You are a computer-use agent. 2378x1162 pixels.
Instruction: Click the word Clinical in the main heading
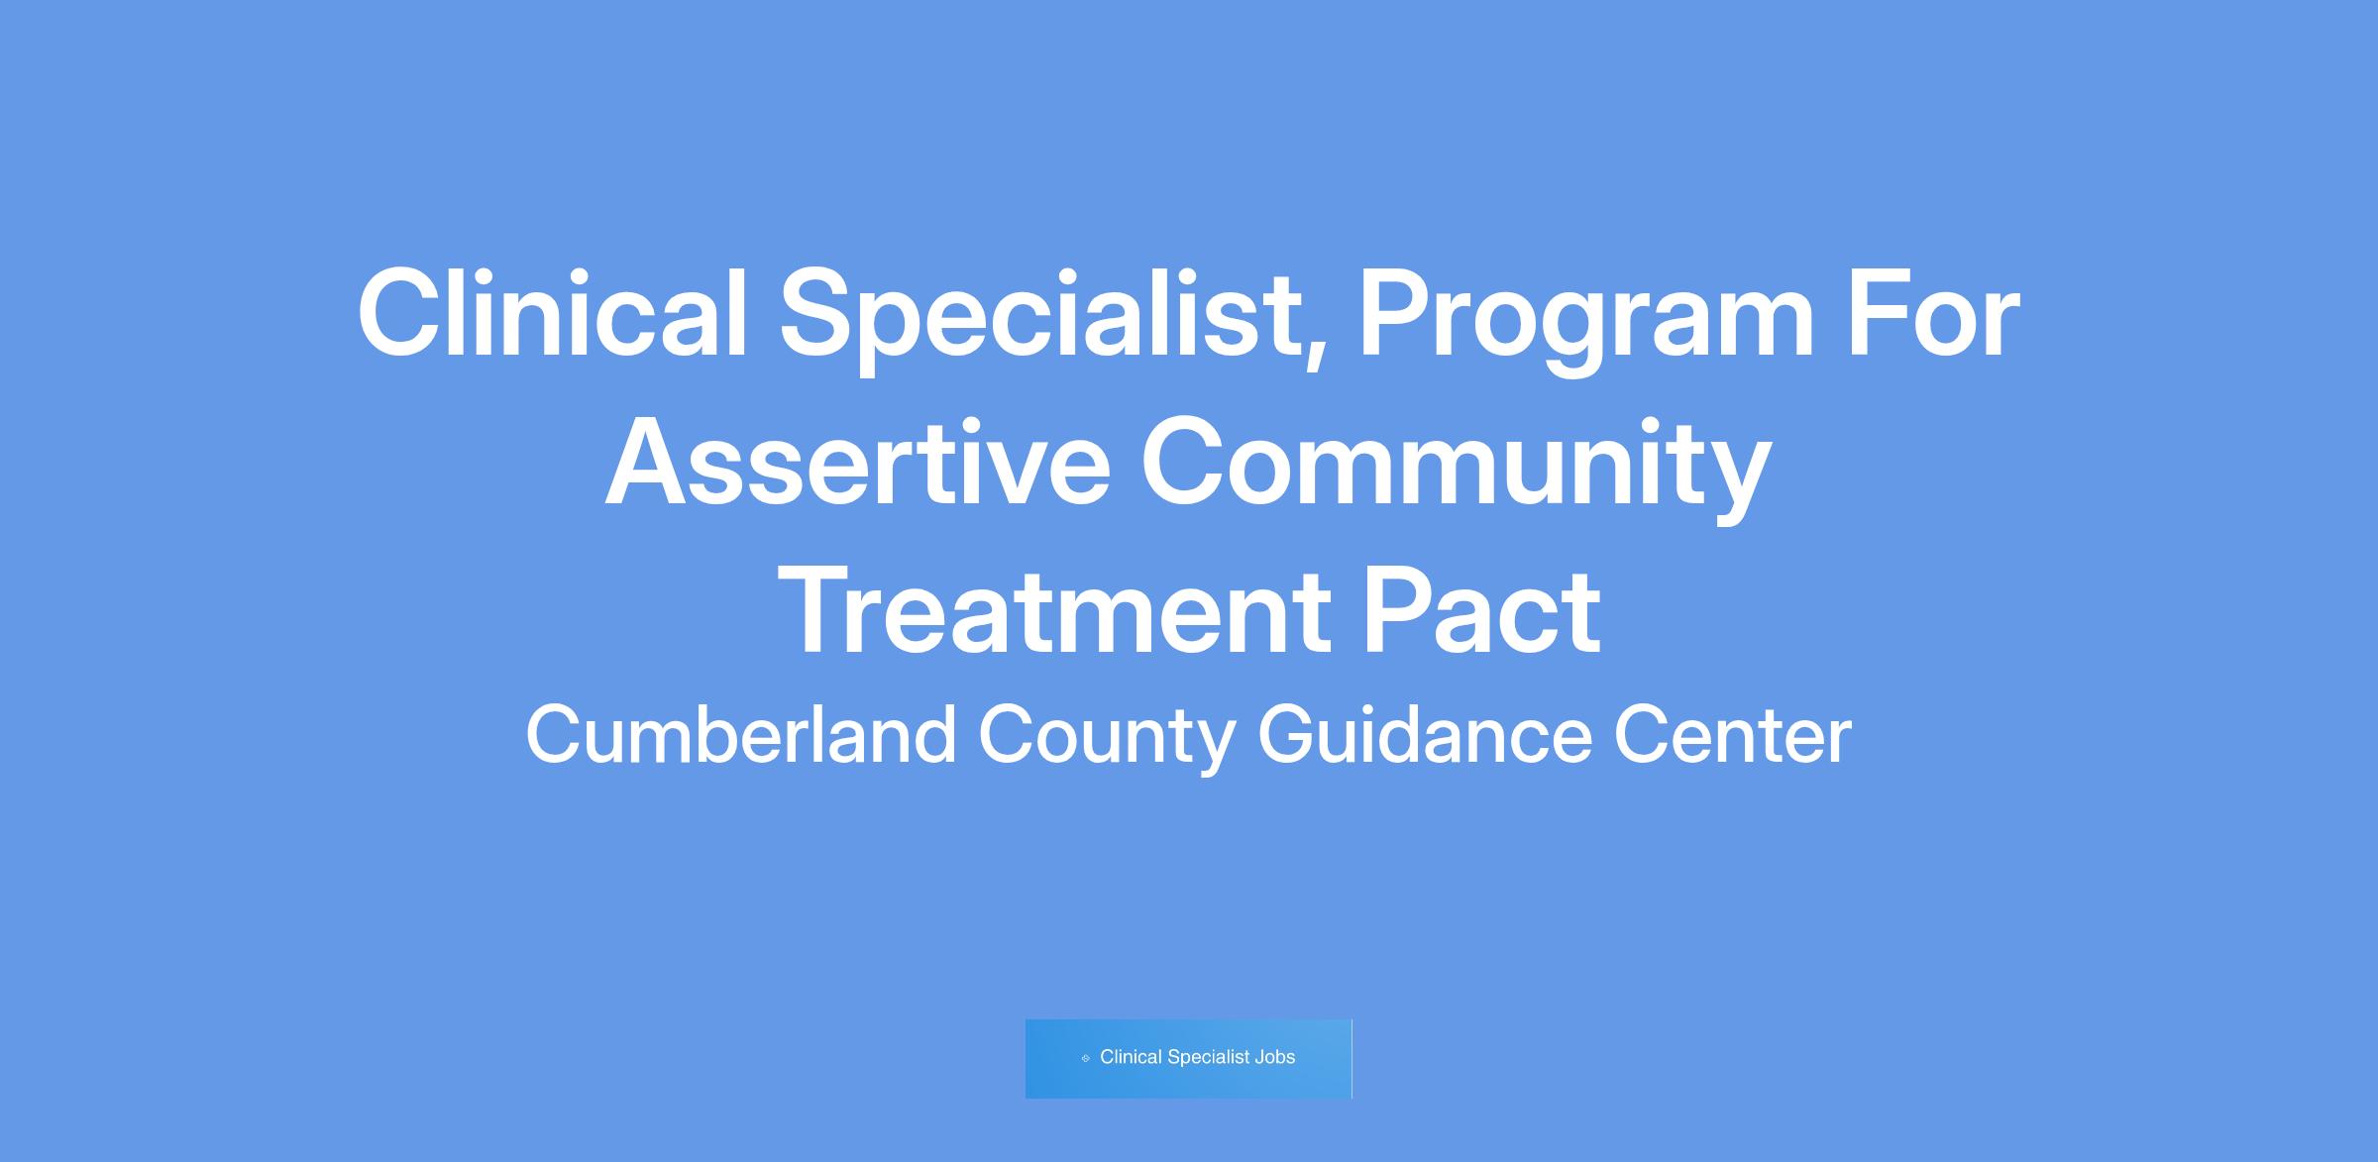552,313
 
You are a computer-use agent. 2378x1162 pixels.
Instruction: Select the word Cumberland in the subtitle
741,734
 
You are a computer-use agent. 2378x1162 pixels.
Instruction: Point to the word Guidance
1425,734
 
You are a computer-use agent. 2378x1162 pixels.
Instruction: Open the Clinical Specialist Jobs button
1188,1058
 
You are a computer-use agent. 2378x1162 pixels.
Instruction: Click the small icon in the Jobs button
1086,1058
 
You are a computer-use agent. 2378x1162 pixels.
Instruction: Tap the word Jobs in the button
1275,1057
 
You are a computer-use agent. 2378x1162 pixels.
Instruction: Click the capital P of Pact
1400,610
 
